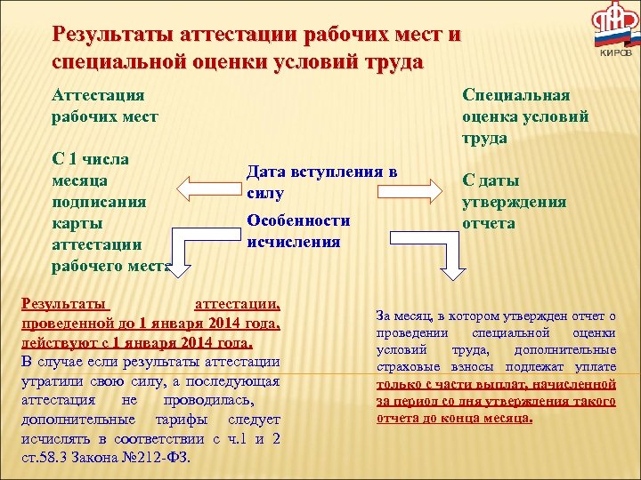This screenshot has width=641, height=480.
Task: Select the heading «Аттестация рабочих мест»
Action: point(105,105)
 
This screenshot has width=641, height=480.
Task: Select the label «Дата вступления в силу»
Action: point(320,181)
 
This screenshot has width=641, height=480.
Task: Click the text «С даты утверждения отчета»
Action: point(514,201)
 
